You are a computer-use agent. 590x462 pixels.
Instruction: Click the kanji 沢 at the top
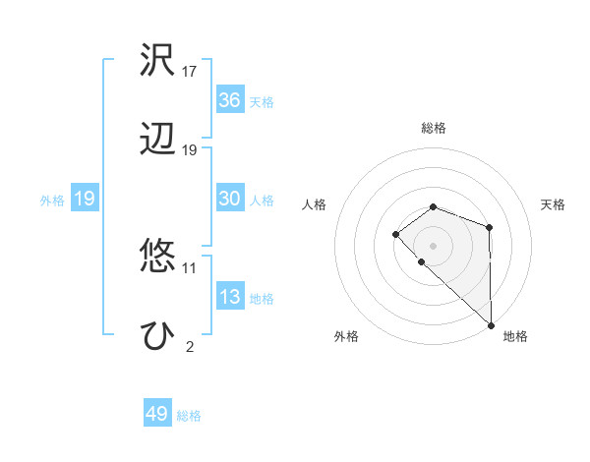158,60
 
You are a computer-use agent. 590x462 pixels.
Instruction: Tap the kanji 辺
158,140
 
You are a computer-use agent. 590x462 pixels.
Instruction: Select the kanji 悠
158,257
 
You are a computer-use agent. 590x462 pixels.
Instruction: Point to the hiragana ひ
158,335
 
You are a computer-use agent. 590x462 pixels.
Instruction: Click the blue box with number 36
230,100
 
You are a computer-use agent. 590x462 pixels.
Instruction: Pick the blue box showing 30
230,199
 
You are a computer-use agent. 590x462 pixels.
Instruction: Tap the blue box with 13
230,297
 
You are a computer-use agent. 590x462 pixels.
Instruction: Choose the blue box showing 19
84,199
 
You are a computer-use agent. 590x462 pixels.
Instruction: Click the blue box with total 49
157,414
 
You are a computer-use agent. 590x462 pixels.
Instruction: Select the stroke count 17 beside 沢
190,71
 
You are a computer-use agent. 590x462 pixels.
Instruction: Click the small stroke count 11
189,267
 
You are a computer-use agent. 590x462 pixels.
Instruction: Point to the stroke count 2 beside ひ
189,346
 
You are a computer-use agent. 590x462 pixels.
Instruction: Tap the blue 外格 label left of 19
52,201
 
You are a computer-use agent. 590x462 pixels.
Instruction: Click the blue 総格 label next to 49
189,416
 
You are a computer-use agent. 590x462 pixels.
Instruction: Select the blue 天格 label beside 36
262,102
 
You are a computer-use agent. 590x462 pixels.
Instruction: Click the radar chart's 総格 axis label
433,128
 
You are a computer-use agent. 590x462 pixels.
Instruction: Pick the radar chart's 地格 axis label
515,336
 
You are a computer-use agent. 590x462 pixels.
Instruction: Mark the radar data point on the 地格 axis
491,324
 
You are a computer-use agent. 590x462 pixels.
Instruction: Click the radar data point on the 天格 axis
490,228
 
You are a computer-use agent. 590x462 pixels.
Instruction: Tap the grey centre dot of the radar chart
433,245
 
